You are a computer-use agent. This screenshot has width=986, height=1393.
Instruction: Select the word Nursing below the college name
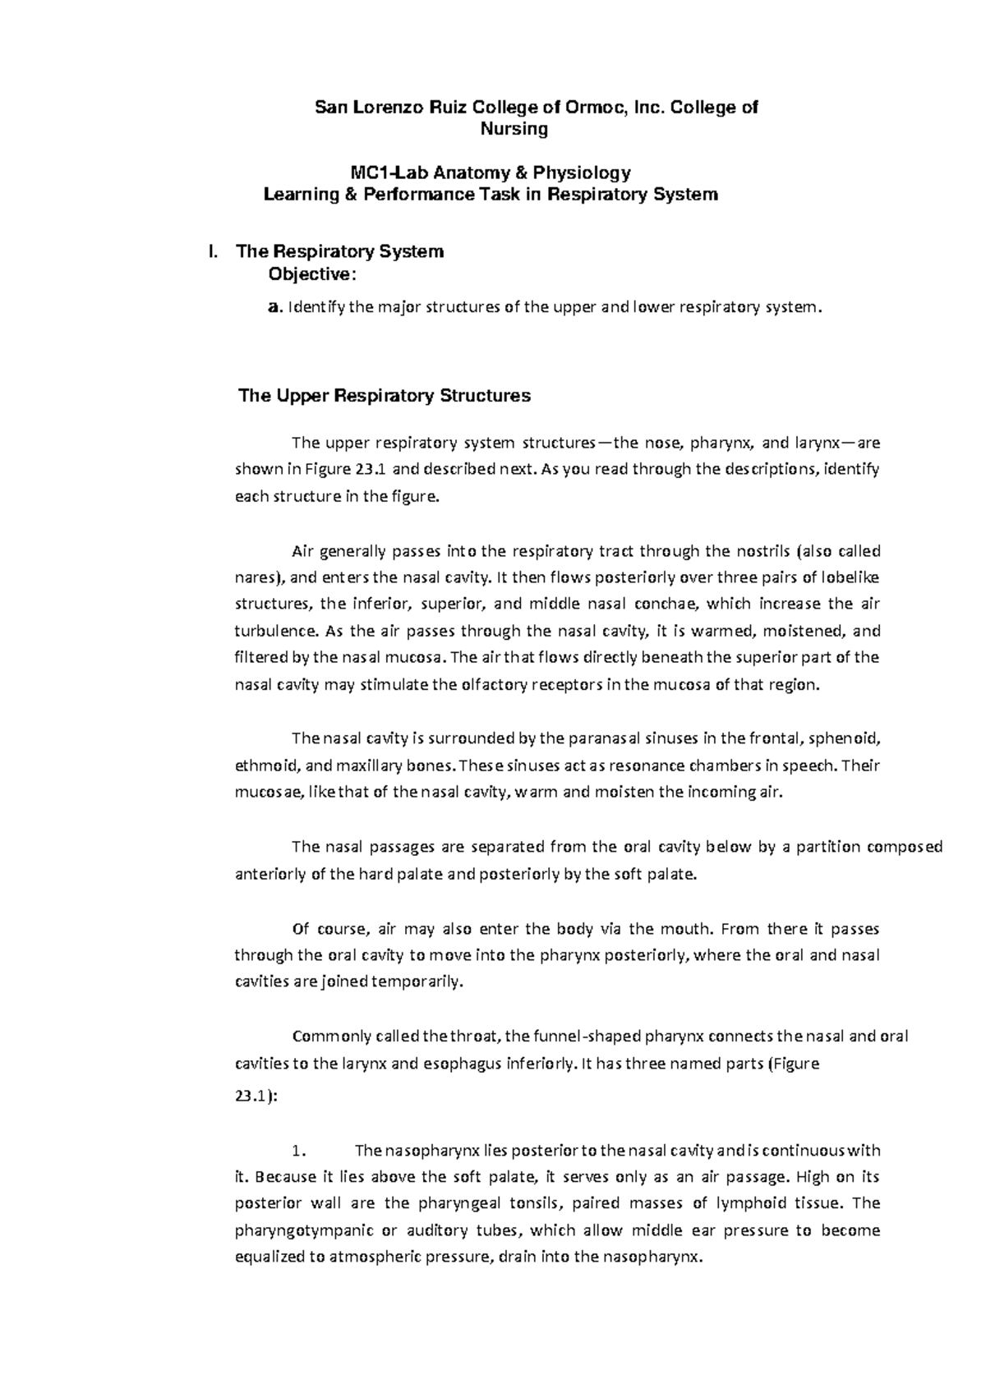coord(514,129)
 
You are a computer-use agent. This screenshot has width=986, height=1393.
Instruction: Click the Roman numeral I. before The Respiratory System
coord(214,251)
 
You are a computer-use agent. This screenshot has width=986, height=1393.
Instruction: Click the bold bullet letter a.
coord(274,308)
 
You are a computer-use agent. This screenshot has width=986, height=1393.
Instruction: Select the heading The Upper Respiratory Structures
coord(384,396)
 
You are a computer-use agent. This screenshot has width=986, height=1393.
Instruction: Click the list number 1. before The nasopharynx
coord(299,1150)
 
